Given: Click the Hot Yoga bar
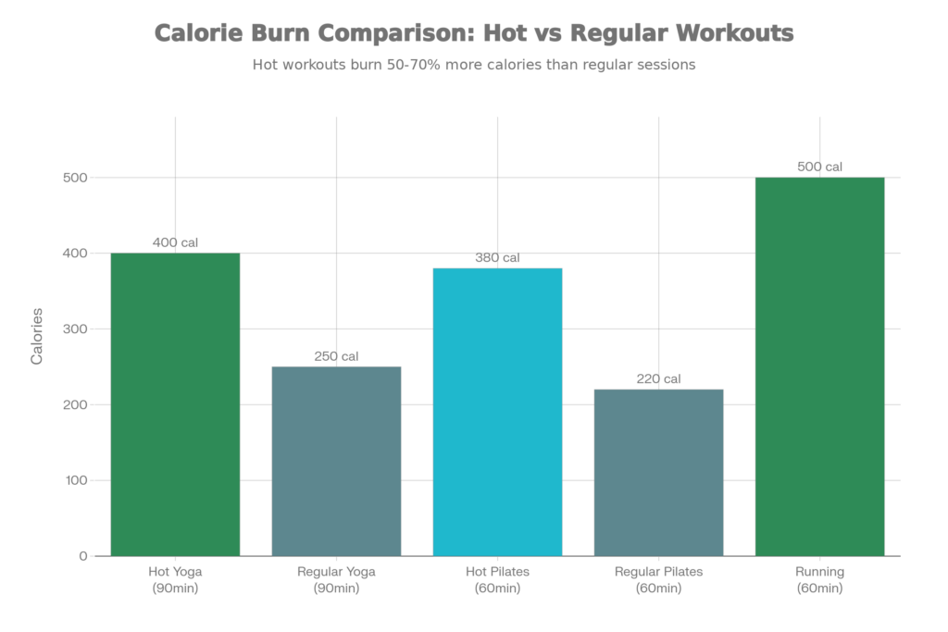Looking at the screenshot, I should coord(175,404).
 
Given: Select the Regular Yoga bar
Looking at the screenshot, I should coord(336,461).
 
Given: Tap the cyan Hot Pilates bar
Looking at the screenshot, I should coord(497,412).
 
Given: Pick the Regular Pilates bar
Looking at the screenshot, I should coord(658,472).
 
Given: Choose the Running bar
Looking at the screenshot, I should coord(819,366).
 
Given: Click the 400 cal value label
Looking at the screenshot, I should coord(175,242).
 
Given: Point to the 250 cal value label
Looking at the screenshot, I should coord(336,356).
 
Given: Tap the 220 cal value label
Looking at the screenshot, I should coord(658,378).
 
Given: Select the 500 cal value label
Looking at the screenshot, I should coord(819,167).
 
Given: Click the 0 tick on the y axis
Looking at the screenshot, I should coord(83,556).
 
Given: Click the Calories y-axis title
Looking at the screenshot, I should coord(38,335).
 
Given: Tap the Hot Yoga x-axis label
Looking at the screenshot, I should coord(175,579).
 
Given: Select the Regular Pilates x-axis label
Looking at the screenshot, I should coord(658,579).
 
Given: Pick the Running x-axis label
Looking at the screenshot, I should coord(819,579).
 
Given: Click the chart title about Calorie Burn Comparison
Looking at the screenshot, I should coord(473,34).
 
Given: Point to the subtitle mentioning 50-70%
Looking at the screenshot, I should coord(473,66).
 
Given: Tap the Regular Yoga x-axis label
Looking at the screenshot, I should coord(336,579).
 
